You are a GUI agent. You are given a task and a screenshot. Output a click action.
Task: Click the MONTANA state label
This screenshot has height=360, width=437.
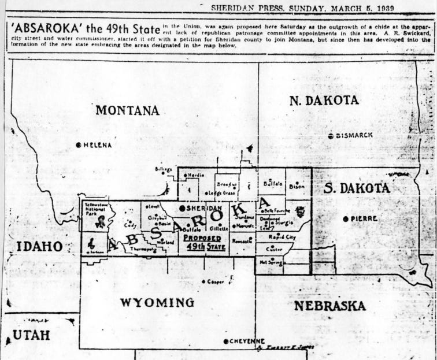(x=127, y=110)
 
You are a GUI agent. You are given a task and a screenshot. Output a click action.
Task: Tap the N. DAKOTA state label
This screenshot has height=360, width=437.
(x=324, y=100)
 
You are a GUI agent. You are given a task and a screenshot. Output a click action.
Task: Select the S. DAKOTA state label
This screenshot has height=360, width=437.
(x=357, y=188)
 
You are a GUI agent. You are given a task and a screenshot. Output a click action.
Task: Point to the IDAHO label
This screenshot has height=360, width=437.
(x=39, y=246)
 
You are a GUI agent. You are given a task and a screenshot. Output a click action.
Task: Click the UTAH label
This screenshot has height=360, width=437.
(x=32, y=335)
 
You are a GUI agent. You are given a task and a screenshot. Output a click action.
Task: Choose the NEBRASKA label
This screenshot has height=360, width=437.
(x=329, y=306)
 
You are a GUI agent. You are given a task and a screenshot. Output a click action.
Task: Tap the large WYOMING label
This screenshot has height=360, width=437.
(x=157, y=303)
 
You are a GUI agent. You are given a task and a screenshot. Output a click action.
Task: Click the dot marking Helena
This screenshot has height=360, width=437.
(x=79, y=145)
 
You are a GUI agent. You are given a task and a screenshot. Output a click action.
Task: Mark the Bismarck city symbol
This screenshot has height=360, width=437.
(x=330, y=136)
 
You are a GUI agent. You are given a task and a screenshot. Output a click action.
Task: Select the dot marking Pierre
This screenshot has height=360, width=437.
(x=346, y=218)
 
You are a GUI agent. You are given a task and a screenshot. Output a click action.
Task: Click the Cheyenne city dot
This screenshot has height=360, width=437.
(x=225, y=342)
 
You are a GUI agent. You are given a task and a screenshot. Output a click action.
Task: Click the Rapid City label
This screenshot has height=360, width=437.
(x=282, y=237)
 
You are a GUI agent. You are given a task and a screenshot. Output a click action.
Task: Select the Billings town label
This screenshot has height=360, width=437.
(x=164, y=169)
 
